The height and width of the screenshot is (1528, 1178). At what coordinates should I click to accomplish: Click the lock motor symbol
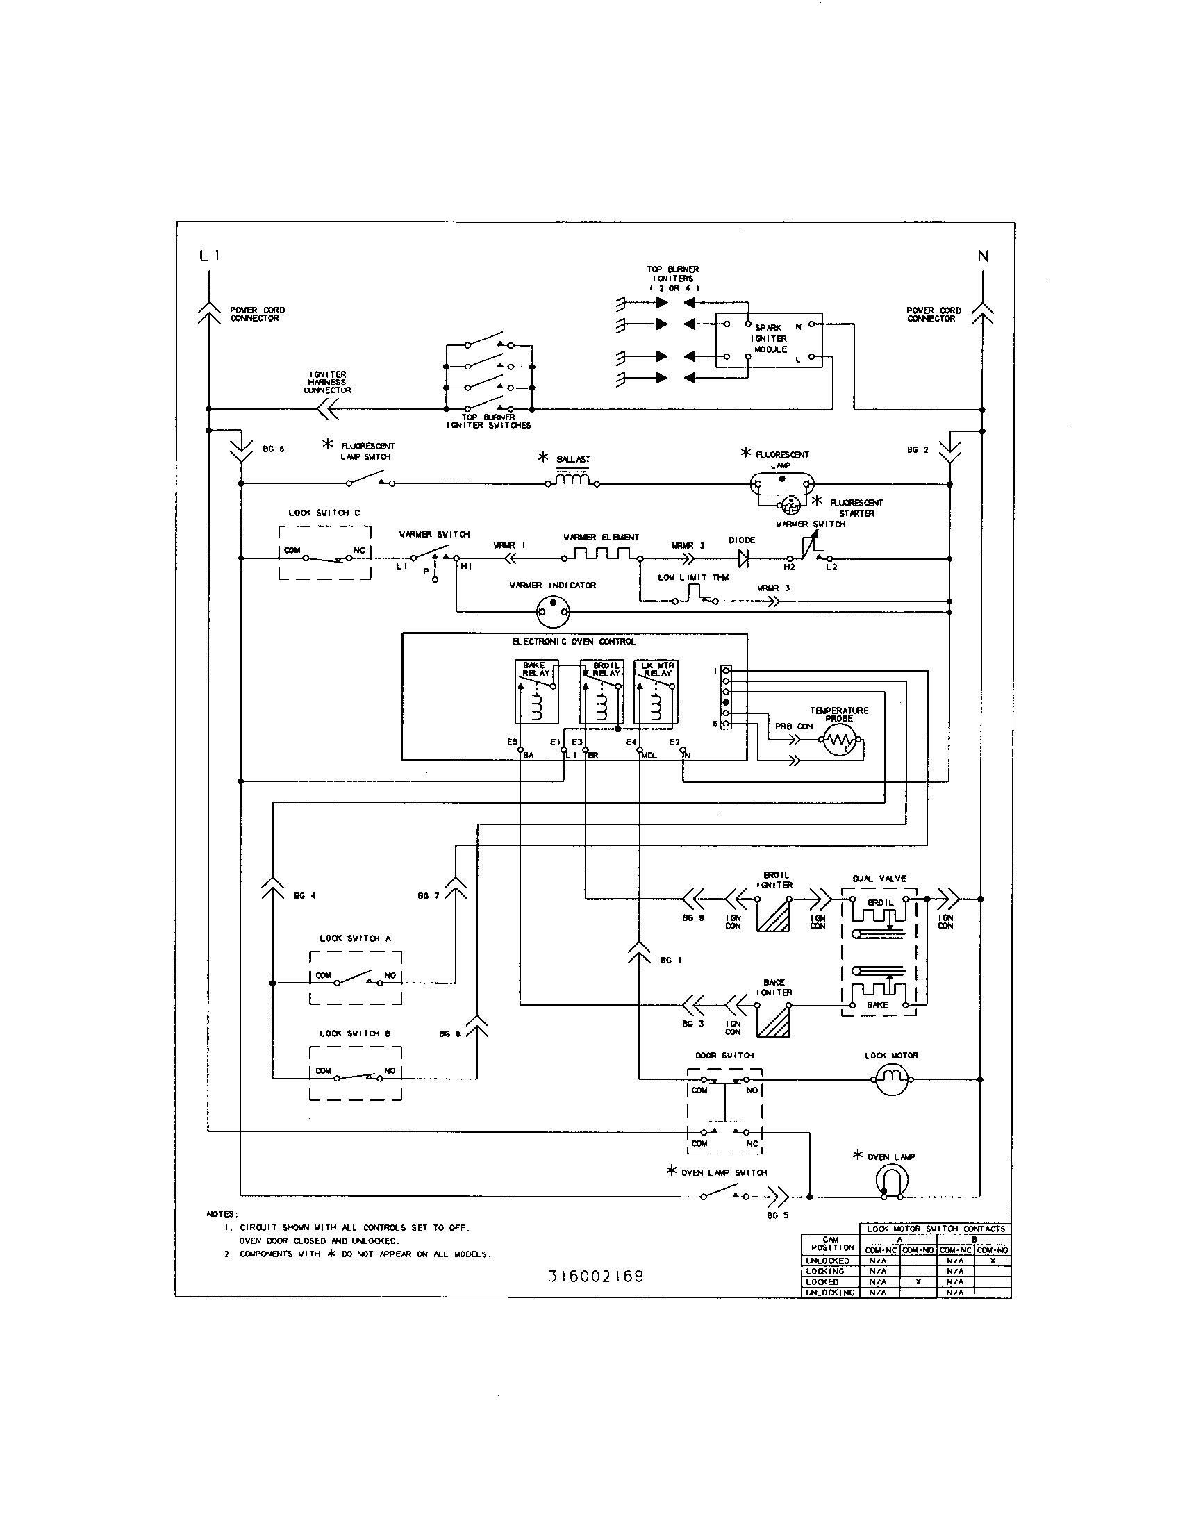pos(891,1079)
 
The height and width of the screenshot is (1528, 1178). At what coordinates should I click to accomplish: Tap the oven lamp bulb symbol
pos(891,1184)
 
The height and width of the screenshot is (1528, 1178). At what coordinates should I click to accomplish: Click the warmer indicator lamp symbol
pos(553,613)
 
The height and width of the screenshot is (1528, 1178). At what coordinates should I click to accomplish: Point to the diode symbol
pos(743,558)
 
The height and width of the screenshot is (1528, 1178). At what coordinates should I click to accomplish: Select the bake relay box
pos(536,691)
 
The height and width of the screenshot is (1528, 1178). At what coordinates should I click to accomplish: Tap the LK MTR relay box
pos(656,691)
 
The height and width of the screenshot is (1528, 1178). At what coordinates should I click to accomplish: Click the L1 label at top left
pos(209,256)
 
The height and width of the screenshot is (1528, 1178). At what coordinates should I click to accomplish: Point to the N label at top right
pos(983,257)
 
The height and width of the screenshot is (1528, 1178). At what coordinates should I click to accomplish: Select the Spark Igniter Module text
pos(770,339)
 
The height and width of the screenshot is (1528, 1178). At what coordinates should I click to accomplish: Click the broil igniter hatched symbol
pos(774,915)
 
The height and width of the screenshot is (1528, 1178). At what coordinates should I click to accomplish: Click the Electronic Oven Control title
pos(574,642)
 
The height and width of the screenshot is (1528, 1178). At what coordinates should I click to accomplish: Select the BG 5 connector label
pos(777,1215)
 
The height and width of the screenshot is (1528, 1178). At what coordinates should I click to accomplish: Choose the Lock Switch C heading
pos(324,513)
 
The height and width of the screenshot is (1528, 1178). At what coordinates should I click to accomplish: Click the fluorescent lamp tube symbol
pos(782,483)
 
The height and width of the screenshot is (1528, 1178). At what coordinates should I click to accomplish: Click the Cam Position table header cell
pos(830,1243)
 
